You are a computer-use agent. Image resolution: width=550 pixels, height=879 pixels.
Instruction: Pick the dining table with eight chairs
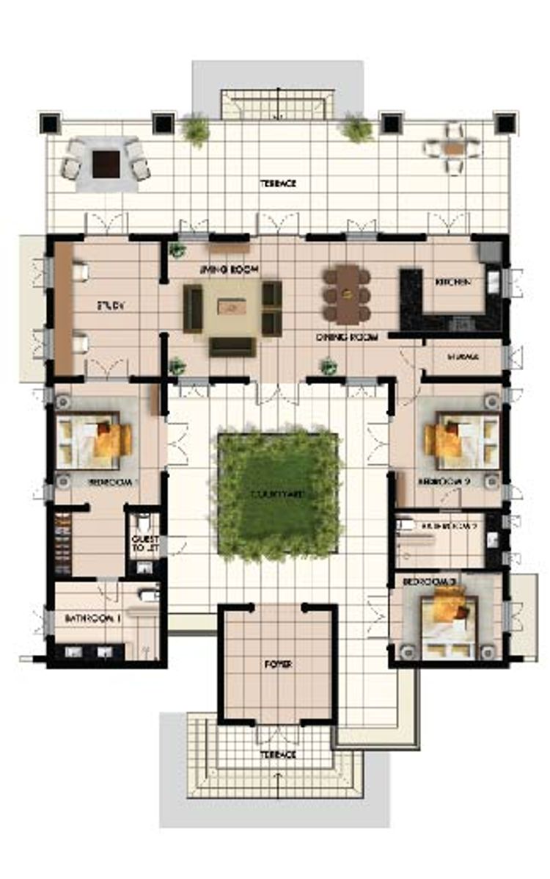[347, 294]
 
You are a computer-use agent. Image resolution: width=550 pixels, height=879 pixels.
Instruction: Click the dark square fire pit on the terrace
[106, 163]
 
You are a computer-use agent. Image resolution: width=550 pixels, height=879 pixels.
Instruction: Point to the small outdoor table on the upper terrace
[454, 148]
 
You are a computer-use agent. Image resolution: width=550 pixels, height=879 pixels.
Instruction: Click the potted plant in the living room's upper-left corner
[177, 250]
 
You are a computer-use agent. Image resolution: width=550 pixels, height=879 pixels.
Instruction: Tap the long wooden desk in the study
[63, 308]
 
